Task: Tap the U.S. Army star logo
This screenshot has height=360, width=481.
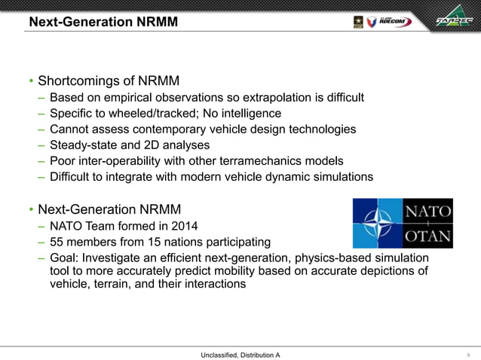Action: [x=357, y=21]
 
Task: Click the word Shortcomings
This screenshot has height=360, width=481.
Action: [x=80, y=81]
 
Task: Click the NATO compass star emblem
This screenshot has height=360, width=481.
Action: [x=378, y=224]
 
